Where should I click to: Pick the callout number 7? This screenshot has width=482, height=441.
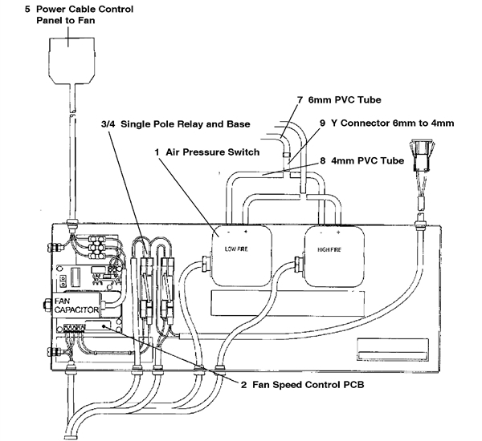coord(300,100)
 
